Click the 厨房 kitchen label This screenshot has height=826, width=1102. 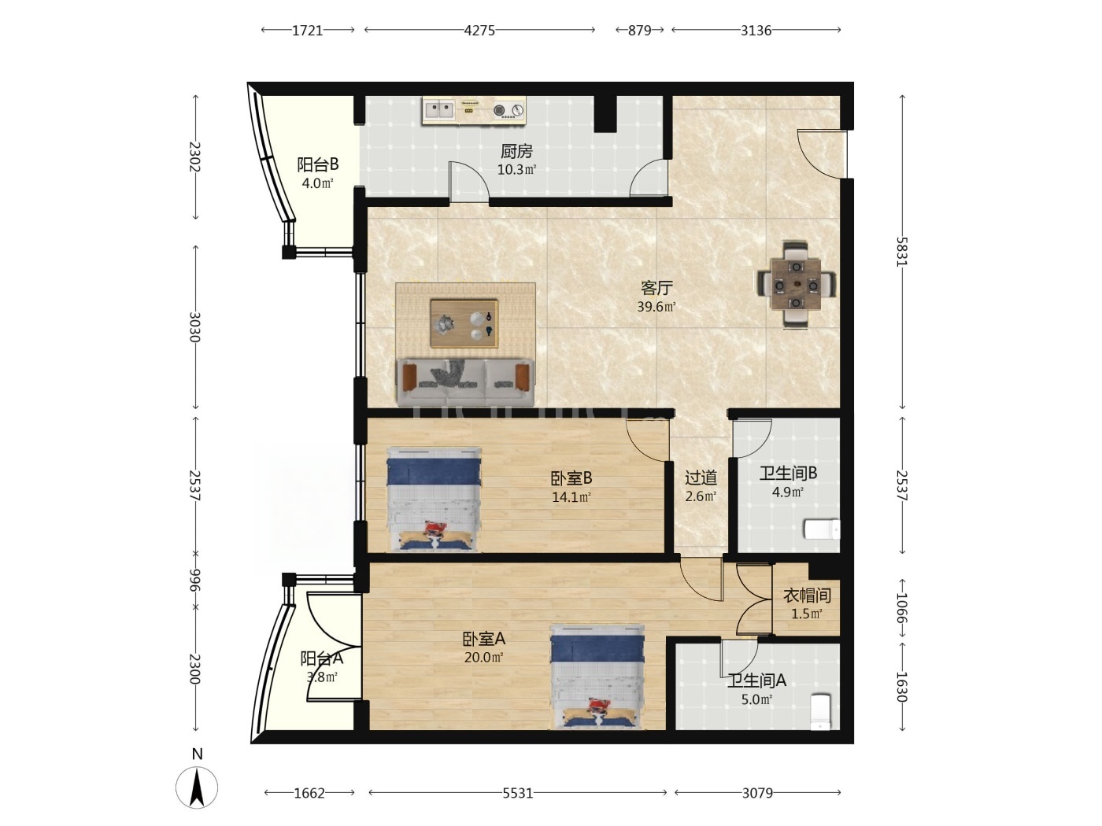[516, 150]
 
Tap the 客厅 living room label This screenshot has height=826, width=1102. [656, 288]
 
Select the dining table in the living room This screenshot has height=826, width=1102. [797, 285]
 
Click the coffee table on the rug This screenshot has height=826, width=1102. [464, 324]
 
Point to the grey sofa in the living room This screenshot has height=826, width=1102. [465, 382]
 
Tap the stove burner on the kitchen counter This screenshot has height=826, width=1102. [508, 110]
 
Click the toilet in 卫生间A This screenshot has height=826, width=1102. [821, 711]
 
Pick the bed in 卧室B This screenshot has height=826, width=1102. [434, 500]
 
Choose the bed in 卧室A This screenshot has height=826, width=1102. [597, 676]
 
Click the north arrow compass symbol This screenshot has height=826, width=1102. [197, 787]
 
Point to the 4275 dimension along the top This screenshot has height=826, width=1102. [479, 30]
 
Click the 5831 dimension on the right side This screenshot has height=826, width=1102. [902, 252]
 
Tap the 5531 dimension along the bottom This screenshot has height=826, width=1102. [518, 793]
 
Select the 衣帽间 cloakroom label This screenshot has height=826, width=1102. [807, 596]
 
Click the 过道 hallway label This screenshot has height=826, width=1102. [701, 478]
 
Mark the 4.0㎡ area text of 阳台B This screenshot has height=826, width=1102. [317, 183]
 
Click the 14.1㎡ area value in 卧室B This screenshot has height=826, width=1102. [571, 497]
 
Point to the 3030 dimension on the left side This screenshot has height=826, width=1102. [195, 327]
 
